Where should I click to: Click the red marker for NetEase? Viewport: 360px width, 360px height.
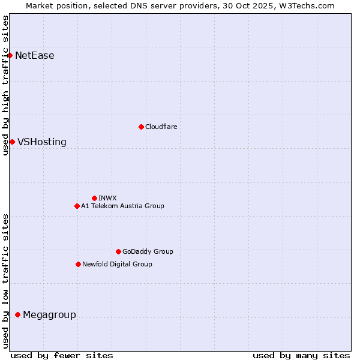click(10, 56)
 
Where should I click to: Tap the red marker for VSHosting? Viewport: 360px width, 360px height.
click(12, 142)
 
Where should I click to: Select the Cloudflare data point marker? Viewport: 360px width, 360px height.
click(141, 127)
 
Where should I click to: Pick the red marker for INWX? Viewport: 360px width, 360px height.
click(94, 198)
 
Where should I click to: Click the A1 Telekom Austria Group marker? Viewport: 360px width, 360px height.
click(77, 206)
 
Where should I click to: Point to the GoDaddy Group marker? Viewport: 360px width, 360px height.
click(118, 251)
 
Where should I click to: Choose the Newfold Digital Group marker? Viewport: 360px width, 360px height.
click(78, 264)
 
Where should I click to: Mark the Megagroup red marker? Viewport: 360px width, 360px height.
click(17, 315)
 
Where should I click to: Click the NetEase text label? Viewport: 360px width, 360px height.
click(35, 56)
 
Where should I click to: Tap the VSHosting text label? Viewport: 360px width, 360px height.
click(42, 142)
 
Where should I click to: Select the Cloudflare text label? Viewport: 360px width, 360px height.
click(161, 127)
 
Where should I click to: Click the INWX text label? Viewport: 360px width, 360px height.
click(108, 198)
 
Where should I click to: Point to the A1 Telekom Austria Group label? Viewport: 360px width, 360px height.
click(122, 206)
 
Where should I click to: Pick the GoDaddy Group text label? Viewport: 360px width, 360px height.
click(148, 251)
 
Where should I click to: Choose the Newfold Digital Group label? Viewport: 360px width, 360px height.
click(117, 264)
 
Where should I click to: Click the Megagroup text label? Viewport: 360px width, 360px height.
click(49, 315)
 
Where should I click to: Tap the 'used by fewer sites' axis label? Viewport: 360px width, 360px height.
click(62, 355)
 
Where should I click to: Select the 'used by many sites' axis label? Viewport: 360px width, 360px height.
click(301, 355)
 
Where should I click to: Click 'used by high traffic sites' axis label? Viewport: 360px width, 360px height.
click(5, 85)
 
